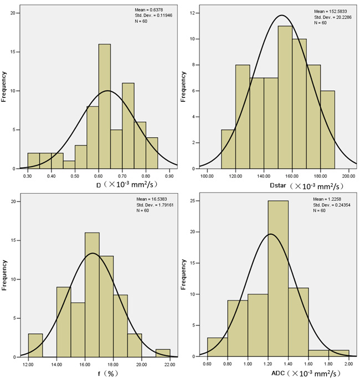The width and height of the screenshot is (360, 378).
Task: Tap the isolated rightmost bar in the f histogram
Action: pos(163,353)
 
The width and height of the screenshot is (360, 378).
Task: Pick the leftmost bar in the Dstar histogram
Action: pos(228,149)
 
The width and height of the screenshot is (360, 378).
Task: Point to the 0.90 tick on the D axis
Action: pos(169,175)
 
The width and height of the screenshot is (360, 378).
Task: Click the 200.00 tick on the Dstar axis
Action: pos(349,175)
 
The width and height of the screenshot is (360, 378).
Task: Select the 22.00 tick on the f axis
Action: pos(169,365)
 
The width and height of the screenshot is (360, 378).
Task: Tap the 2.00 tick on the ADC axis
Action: pos(349,365)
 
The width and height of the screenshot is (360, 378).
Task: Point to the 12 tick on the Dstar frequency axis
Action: pos(192,12)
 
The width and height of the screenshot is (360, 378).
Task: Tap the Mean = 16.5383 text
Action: pos(151,199)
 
